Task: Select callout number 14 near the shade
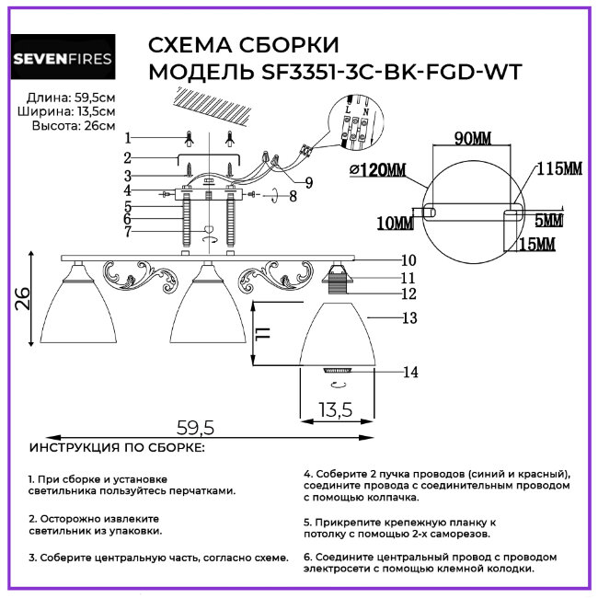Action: coord(409,372)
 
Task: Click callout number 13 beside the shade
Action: coord(409,318)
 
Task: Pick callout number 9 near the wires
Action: coord(308,183)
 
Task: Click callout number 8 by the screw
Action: coord(293,195)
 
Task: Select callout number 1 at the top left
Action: coord(128,137)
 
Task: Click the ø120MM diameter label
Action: coord(378,171)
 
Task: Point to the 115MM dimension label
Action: coord(558,169)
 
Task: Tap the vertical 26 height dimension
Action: coord(23,299)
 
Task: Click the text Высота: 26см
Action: coord(74,126)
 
